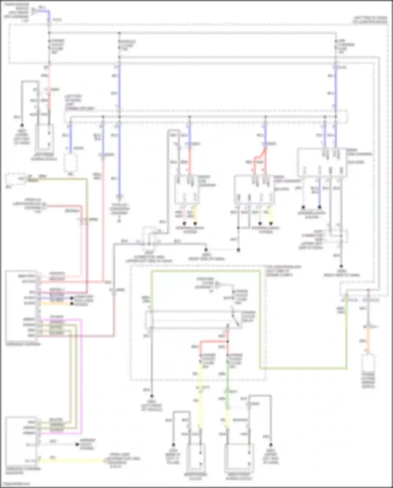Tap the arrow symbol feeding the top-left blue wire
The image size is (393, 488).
pyautogui.click(x=34, y=11)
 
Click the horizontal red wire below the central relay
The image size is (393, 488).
pyautogui.click(x=214, y=341)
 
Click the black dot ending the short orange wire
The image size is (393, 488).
pyautogui.click(x=72, y=304)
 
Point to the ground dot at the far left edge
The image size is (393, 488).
pyautogui.click(x=22, y=125)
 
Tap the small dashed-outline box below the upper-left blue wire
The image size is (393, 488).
pyautogui.click(x=70, y=162)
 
